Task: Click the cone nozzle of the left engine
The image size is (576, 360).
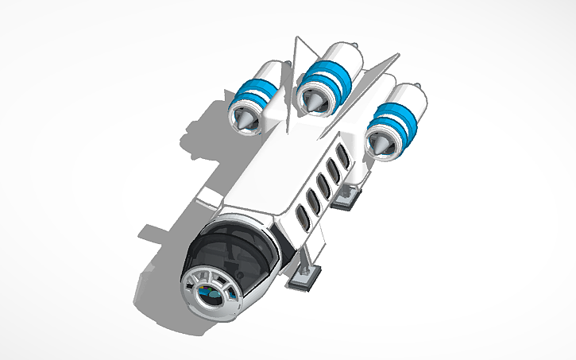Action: [243, 120]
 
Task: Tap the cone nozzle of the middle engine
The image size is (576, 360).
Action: [311, 101]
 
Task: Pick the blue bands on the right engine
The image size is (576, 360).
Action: [394, 121]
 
